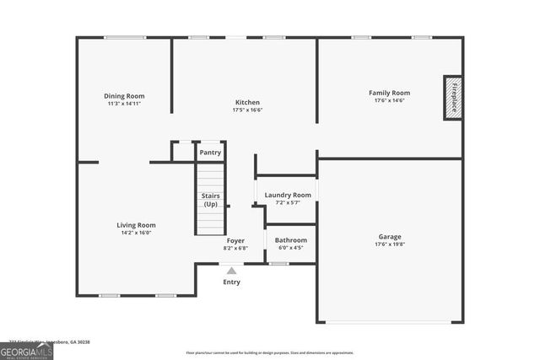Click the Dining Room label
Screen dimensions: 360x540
point(125,95)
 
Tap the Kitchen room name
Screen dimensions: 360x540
point(247,102)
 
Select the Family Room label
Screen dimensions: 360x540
point(389,92)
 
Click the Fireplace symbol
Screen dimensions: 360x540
point(454,97)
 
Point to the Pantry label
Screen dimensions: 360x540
point(210,153)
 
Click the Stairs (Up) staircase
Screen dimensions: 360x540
point(211,200)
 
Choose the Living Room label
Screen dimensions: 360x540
point(136,225)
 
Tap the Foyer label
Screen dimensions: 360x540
point(235,240)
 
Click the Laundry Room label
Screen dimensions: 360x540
point(288,195)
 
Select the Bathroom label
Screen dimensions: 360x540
point(291,239)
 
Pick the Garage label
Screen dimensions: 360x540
point(389,237)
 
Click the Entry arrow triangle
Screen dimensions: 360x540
point(231,271)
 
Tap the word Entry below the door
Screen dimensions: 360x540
point(231,282)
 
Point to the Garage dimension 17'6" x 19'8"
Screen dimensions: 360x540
point(389,244)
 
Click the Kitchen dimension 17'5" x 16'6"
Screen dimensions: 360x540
point(247,110)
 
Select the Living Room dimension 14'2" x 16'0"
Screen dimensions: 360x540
point(136,233)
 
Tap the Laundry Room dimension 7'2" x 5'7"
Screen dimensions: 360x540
point(288,202)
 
